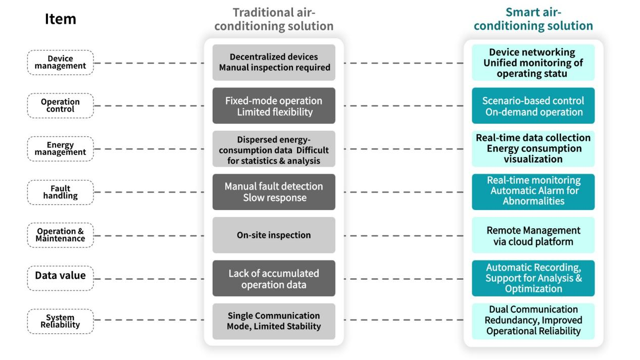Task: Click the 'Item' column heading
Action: click(x=60, y=19)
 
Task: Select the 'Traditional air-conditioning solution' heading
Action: click(x=274, y=19)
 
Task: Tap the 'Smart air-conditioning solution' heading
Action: click(x=533, y=19)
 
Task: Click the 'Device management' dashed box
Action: click(x=60, y=63)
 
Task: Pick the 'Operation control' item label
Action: click(x=60, y=106)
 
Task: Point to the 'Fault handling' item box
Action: click(x=60, y=192)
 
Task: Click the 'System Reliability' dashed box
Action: click(x=60, y=322)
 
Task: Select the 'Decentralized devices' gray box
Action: click(x=274, y=63)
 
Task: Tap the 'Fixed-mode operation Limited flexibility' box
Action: click(x=274, y=106)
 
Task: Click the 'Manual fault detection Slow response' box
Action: click(x=274, y=192)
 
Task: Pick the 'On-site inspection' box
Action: click(x=274, y=235)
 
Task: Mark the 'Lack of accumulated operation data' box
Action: click(x=274, y=278)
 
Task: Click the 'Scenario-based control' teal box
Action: click(x=533, y=106)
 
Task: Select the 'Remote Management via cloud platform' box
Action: click(x=533, y=235)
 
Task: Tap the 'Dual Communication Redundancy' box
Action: click(x=533, y=322)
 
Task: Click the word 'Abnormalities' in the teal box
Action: click(x=533, y=201)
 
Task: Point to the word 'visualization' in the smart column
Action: click(x=533, y=160)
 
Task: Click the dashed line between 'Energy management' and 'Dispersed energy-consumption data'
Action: click(x=149, y=149)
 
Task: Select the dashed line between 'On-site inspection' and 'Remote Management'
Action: click(x=404, y=236)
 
